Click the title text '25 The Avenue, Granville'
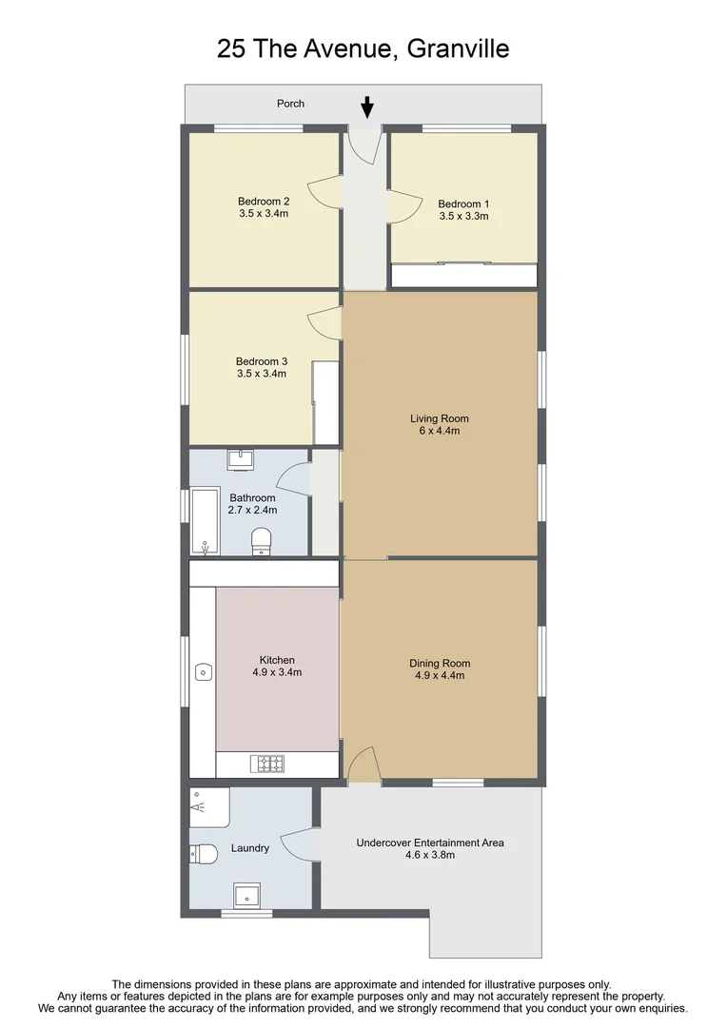pyautogui.click(x=363, y=48)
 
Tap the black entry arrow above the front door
pyautogui.click(x=367, y=107)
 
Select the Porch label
pyautogui.click(x=290, y=104)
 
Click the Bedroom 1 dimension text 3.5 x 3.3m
pyautogui.click(x=463, y=216)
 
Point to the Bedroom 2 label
pyautogui.click(x=264, y=201)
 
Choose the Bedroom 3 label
pyautogui.click(x=262, y=361)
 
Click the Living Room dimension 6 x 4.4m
pyautogui.click(x=439, y=431)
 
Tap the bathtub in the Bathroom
pyautogui.click(x=205, y=522)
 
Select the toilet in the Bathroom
pyautogui.click(x=262, y=541)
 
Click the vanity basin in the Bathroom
pyautogui.click(x=239, y=460)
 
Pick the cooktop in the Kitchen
pyautogui.click(x=267, y=763)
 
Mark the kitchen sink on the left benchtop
pyautogui.click(x=203, y=672)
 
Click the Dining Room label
pyautogui.click(x=440, y=664)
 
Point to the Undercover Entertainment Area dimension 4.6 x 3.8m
pyautogui.click(x=430, y=855)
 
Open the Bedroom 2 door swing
pyautogui.click(x=326, y=194)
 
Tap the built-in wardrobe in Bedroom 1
pyautogui.click(x=464, y=275)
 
